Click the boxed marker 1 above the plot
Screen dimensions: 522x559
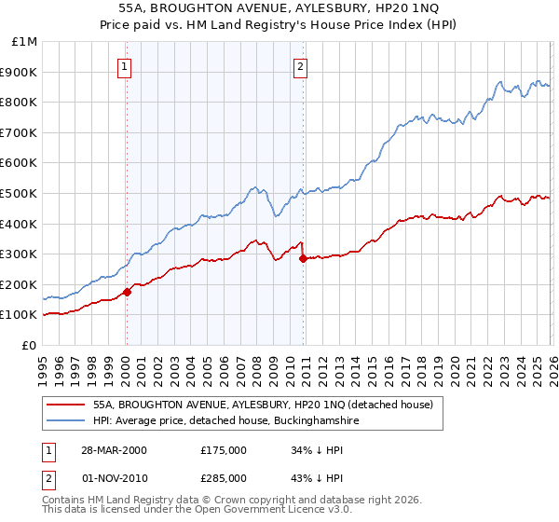pos(125,66)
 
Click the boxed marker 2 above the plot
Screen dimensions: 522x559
pos(300,66)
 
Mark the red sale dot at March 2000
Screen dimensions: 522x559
pos(128,292)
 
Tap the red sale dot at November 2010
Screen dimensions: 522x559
pos(304,259)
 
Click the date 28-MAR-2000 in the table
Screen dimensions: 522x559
pos(114,450)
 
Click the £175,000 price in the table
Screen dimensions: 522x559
pos(224,450)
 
